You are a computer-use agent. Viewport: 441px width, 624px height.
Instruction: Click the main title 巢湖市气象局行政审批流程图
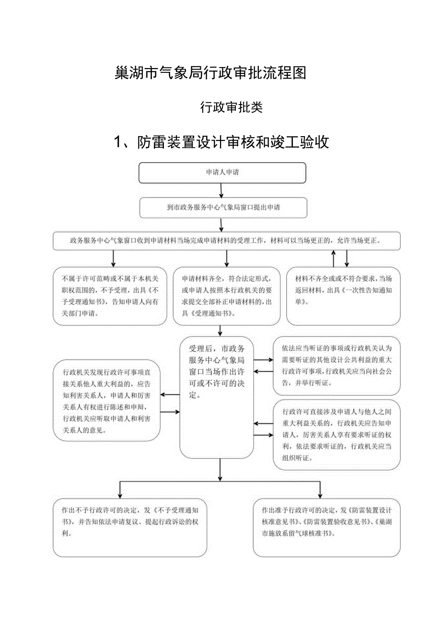pos(210,72)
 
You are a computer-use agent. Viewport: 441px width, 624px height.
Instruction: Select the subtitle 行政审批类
pos(231,107)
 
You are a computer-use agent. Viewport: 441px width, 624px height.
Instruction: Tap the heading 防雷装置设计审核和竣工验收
pos(233,142)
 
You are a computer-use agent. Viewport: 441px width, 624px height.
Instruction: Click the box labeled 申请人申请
pos(222,173)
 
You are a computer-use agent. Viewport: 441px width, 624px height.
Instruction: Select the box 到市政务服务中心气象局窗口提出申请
pos(223,208)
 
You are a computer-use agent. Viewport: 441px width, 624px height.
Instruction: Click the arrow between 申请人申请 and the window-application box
pos(221,190)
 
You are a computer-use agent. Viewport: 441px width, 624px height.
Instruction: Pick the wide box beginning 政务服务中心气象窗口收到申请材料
pos(226,241)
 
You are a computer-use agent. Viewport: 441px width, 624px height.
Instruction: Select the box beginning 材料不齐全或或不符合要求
pos(343,296)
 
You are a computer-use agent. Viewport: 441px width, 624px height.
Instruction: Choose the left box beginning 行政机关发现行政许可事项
pos(106,400)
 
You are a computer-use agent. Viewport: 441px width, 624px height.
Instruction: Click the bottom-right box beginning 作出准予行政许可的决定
pos(326,527)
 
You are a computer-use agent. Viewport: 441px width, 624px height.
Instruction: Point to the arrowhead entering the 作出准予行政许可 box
pos(320,495)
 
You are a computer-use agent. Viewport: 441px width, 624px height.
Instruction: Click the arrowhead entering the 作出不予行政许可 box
pos(119,495)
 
